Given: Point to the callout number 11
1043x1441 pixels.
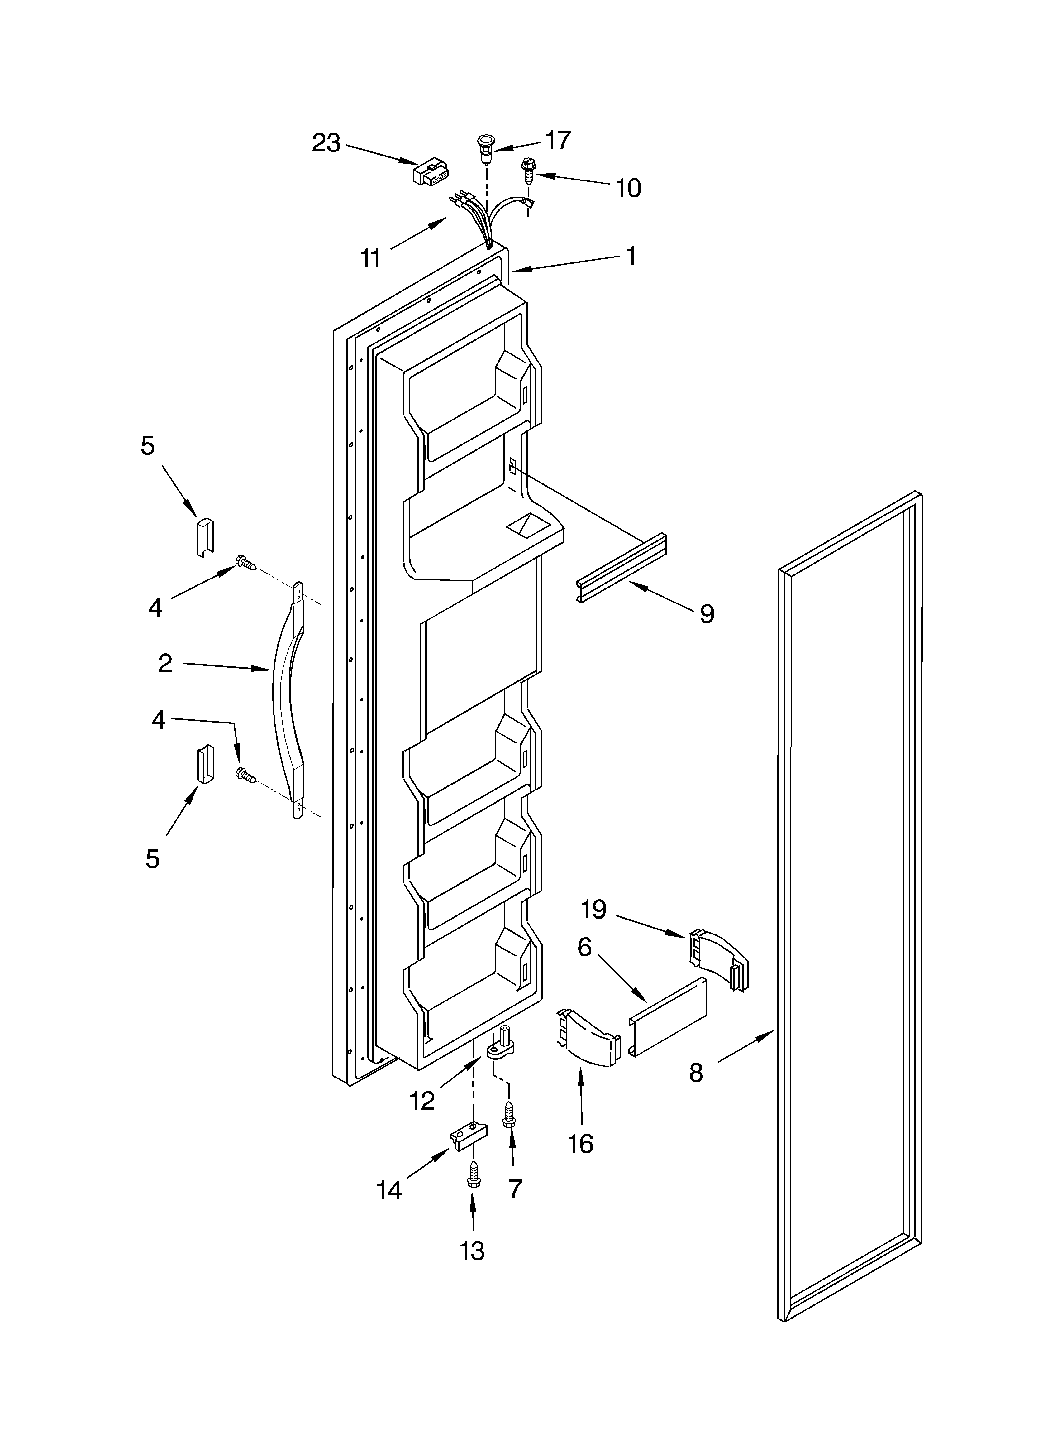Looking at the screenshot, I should [370, 259].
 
